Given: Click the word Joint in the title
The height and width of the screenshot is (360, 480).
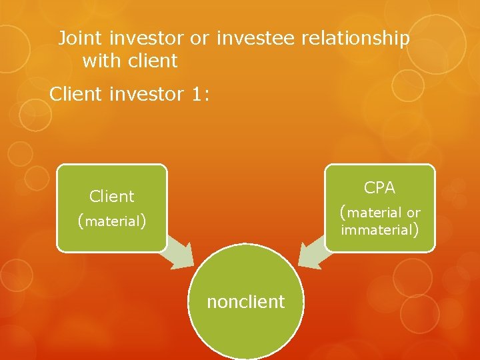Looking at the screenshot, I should pyautogui.click(x=75, y=39).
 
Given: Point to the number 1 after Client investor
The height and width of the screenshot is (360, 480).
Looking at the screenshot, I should pyautogui.click(x=195, y=95).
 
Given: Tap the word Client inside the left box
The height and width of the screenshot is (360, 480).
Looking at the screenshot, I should pyautogui.click(x=112, y=196).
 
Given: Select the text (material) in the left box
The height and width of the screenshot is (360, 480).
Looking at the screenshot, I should pyautogui.click(x=112, y=221).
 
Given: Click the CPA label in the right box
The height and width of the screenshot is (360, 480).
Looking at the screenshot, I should pyautogui.click(x=379, y=188).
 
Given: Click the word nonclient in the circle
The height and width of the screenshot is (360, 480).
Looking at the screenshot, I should pyautogui.click(x=245, y=302).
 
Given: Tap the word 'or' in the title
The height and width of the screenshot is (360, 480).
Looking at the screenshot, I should pyautogui.click(x=199, y=39).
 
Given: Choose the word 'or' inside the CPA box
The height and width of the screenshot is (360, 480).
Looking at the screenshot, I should pyautogui.click(x=413, y=213).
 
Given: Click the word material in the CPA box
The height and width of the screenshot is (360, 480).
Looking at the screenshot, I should pyautogui.click(x=375, y=213).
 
